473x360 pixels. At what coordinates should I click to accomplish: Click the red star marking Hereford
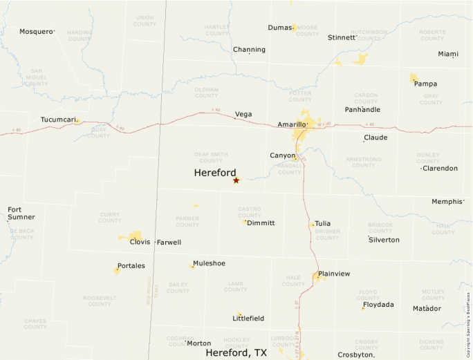tap(236, 180)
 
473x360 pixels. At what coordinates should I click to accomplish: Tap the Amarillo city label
tap(291, 124)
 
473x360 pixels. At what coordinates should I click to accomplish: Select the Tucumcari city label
tap(57, 120)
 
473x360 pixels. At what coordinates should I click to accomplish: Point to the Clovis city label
tap(140, 242)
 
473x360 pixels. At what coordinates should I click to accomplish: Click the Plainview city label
tap(334, 274)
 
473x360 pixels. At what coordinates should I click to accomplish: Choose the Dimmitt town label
tap(261, 223)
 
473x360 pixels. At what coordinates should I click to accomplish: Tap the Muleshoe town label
tap(209, 263)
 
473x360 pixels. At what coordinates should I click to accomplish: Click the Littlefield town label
tap(248, 319)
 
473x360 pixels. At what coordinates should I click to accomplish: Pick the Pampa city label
tap(425, 84)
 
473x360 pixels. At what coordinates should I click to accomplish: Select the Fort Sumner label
tap(21, 213)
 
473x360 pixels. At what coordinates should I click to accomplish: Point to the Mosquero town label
tap(36, 31)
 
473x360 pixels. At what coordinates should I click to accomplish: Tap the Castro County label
tap(249, 211)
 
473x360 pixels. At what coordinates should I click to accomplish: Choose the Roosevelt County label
tap(100, 301)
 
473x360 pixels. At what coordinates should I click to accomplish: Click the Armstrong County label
tap(363, 162)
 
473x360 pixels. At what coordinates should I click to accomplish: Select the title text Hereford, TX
tap(236, 352)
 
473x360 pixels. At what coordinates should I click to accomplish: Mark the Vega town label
tap(243, 114)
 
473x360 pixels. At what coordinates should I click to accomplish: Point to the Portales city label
tap(131, 265)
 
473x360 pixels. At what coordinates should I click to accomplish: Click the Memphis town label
tap(447, 202)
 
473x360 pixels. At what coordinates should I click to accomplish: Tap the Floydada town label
tap(378, 305)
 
